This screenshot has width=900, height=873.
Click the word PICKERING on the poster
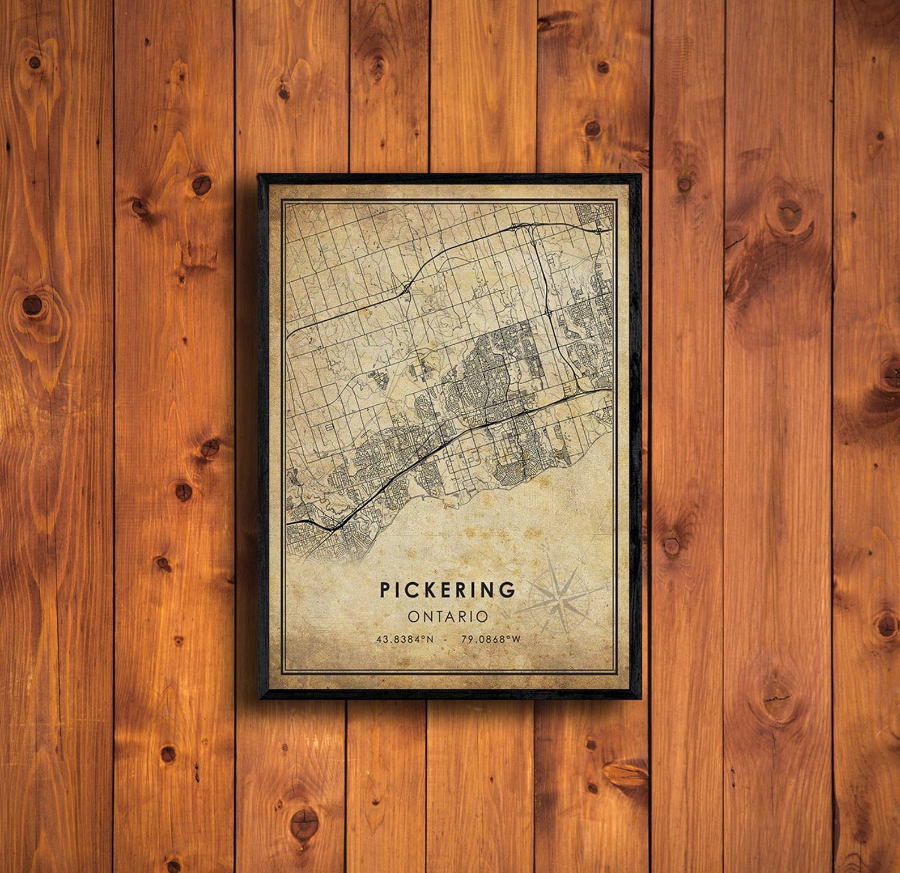(448, 590)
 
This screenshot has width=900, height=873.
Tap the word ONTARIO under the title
(448, 616)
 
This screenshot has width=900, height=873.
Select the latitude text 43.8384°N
(405, 639)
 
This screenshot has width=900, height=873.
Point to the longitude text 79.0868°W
(491, 639)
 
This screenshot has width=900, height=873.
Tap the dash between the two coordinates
(447, 639)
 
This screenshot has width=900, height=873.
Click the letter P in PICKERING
(385, 590)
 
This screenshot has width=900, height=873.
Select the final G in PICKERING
(508, 590)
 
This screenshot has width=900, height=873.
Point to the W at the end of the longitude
(516, 639)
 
